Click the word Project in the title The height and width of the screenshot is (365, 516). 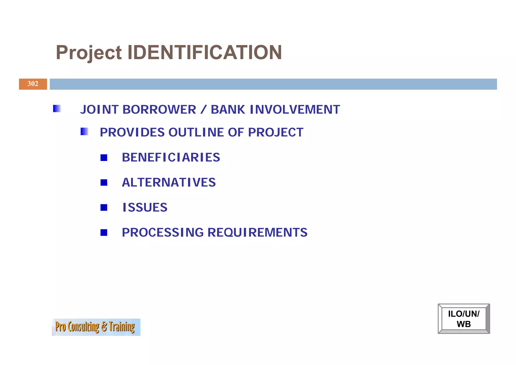click(x=89, y=53)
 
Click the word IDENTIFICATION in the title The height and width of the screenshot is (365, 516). click(x=205, y=52)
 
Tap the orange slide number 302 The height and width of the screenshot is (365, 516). click(x=33, y=84)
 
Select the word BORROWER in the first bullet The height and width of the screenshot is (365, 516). click(x=159, y=110)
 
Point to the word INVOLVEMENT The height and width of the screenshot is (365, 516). click(x=295, y=110)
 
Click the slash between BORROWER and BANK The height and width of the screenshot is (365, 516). click(x=203, y=110)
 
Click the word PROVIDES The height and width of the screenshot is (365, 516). click(x=132, y=132)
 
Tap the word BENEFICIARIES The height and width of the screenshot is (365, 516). click(x=171, y=157)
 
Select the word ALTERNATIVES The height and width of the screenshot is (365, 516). click(x=169, y=182)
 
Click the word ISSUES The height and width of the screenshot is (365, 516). click(x=145, y=207)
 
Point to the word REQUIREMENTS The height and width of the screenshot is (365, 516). click(x=257, y=232)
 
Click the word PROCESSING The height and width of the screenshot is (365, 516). click(x=163, y=232)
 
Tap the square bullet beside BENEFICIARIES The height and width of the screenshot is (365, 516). click(x=104, y=158)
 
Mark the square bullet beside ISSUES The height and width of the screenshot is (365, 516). click(x=104, y=208)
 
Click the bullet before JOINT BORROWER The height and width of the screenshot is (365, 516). click(x=57, y=109)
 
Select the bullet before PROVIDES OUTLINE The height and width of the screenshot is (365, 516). click(x=84, y=131)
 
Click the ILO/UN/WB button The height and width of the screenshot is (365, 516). click(x=464, y=319)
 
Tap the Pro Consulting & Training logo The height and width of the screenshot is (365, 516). click(x=96, y=327)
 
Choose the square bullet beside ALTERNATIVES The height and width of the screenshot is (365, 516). click(x=104, y=182)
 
